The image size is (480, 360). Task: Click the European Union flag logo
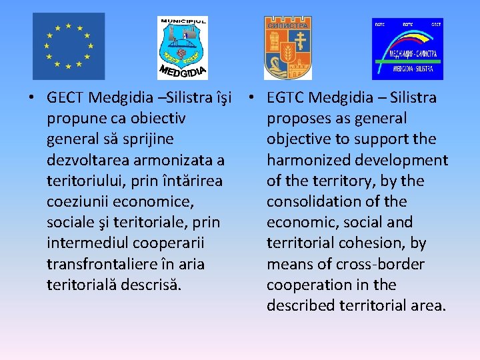69,46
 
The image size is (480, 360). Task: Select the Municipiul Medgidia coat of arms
183,47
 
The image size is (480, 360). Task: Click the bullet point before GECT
31,98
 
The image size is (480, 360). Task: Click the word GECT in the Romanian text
65,98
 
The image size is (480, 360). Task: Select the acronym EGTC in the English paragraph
285,98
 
